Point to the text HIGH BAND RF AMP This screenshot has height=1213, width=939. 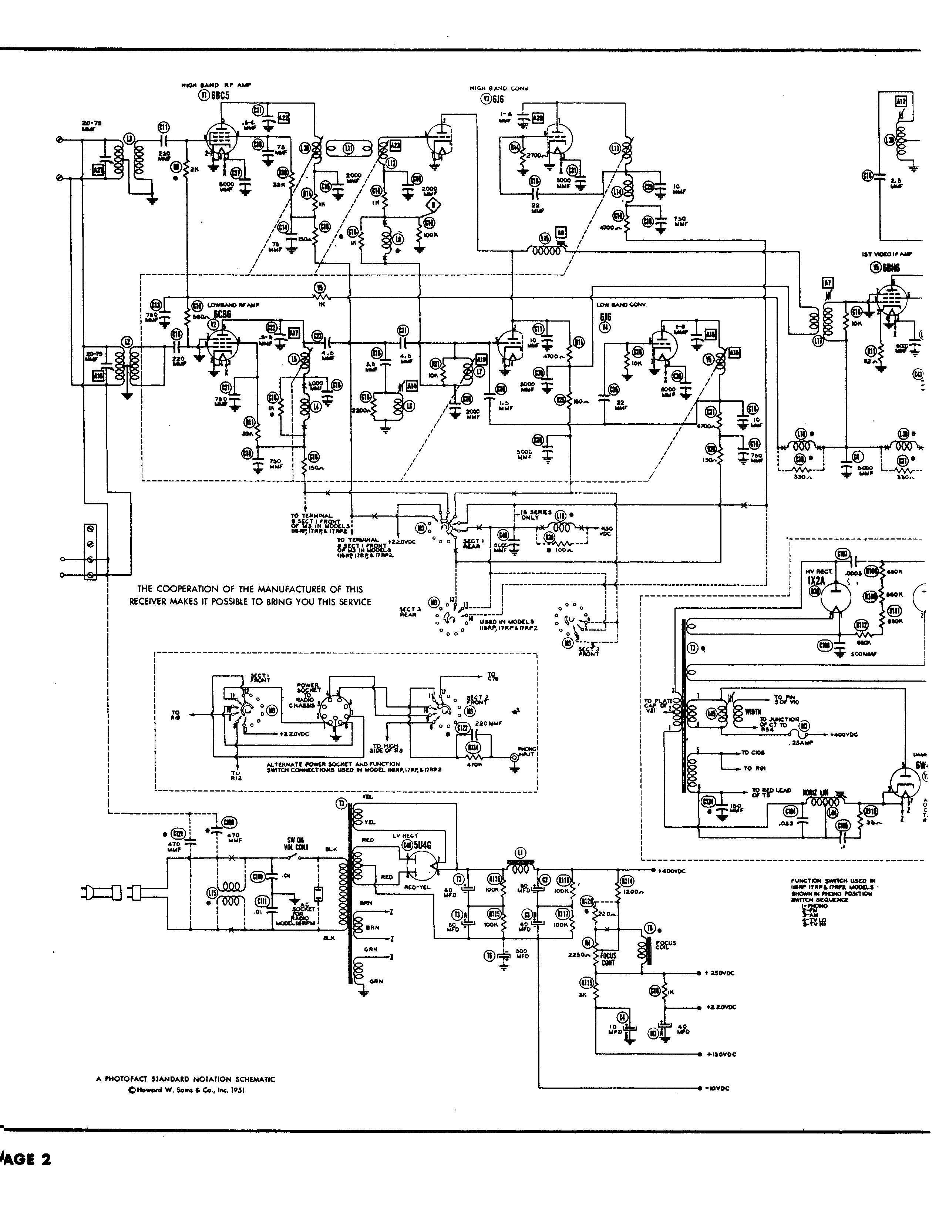tap(216, 85)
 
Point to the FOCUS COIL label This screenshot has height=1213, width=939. tap(666, 945)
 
